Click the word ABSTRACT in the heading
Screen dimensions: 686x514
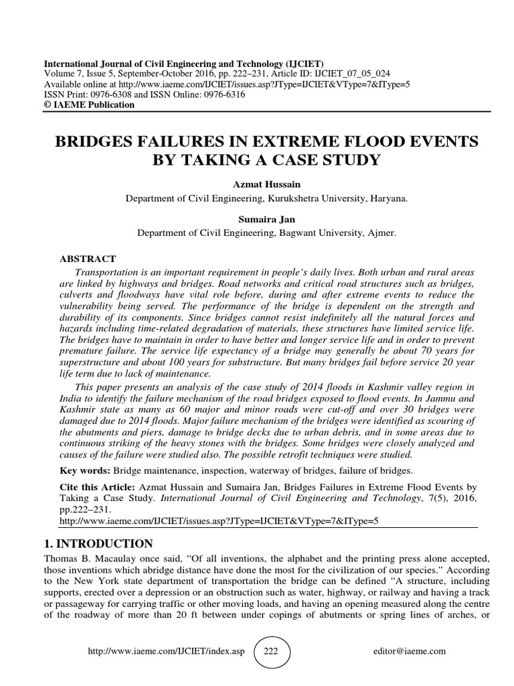88,259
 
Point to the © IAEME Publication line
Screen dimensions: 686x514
89,105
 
